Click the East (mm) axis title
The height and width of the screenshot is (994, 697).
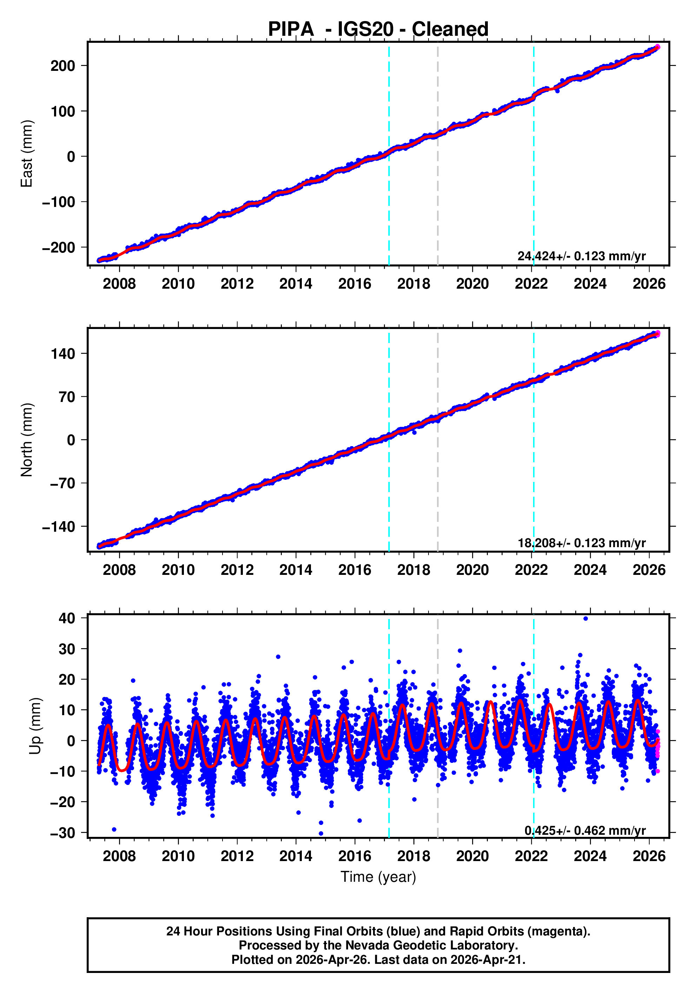(x=27, y=154)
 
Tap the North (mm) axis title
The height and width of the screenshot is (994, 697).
(x=27, y=440)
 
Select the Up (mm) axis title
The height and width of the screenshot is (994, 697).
(x=35, y=726)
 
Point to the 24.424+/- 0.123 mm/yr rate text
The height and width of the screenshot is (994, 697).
(x=581, y=256)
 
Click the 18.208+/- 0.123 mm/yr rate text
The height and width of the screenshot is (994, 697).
(x=581, y=543)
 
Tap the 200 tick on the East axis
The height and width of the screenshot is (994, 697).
(x=63, y=66)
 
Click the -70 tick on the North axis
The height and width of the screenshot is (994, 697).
(x=63, y=483)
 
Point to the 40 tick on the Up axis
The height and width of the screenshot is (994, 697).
(x=67, y=618)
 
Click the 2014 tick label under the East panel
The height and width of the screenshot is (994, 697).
(x=296, y=284)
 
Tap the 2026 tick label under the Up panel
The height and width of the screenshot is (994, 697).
(x=649, y=856)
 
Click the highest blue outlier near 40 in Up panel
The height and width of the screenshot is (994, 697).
(x=586, y=619)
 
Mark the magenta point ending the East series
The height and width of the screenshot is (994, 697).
(x=658, y=47)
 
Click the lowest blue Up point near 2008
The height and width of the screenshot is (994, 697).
(x=114, y=830)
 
